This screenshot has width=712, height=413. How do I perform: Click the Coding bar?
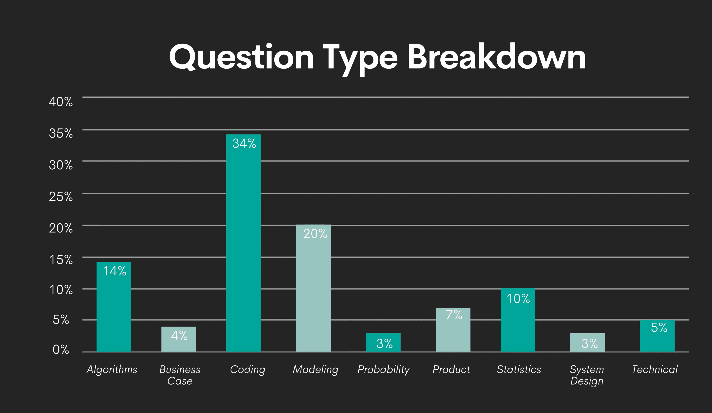tap(243, 248)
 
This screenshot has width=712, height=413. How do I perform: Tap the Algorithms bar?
tap(114, 311)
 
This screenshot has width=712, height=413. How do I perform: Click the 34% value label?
tap(244, 143)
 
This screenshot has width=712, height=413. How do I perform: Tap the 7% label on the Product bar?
tap(454, 315)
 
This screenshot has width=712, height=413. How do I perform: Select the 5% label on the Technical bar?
tap(659, 327)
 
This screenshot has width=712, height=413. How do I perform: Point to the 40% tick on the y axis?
tap(61, 102)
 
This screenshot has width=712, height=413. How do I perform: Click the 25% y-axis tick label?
tap(61, 196)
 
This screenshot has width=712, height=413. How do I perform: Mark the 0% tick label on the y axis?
tap(61, 350)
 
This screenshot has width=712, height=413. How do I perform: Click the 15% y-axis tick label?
tap(61, 260)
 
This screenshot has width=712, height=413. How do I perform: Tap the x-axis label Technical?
tap(655, 369)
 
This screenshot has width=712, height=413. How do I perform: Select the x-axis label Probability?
tap(383, 369)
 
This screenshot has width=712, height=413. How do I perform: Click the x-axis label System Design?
tap(587, 375)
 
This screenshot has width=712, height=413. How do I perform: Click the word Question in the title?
tap(241, 57)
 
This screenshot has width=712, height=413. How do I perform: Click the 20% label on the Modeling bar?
tap(315, 234)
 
